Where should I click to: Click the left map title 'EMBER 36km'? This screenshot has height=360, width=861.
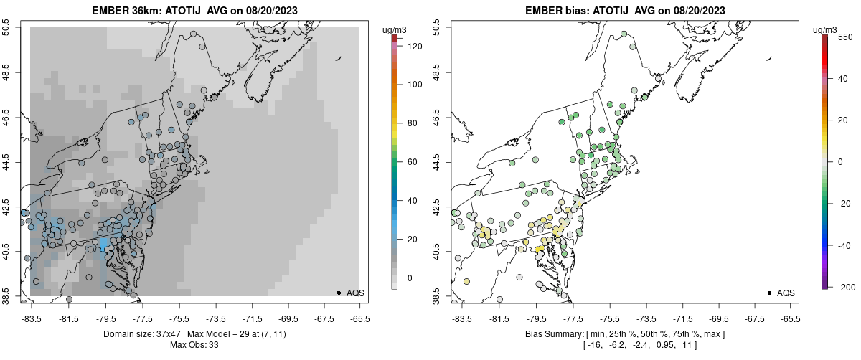(x=117, y=10)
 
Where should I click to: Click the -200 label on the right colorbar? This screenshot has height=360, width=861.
(x=844, y=287)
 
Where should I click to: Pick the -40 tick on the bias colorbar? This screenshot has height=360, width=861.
(x=844, y=245)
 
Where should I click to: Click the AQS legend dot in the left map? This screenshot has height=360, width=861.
(x=338, y=293)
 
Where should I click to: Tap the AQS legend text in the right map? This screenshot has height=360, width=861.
(x=786, y=293)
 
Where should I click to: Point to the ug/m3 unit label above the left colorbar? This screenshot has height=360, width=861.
(x=395, y=30)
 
